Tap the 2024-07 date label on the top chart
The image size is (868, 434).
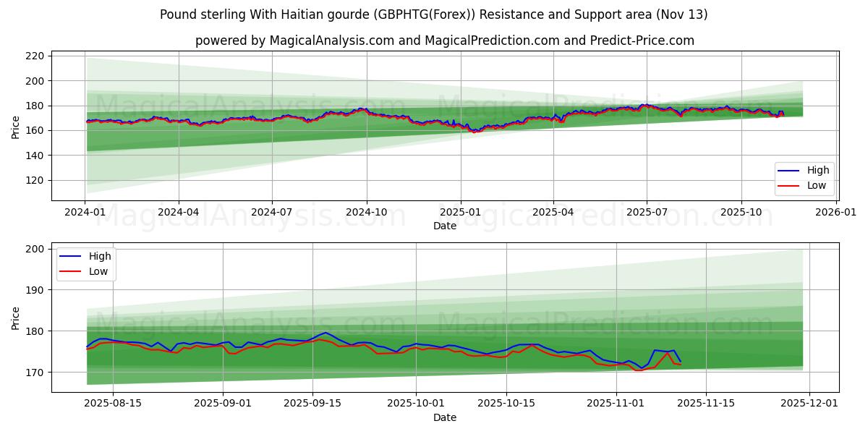click(x=272, y=213)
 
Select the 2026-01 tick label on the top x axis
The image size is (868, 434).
click(x=835, y=213)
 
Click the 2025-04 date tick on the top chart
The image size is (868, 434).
click(x=553, y=213)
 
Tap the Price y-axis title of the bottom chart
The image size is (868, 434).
click(x=16, y=318)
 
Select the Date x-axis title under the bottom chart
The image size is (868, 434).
click(x=444, y=417)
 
